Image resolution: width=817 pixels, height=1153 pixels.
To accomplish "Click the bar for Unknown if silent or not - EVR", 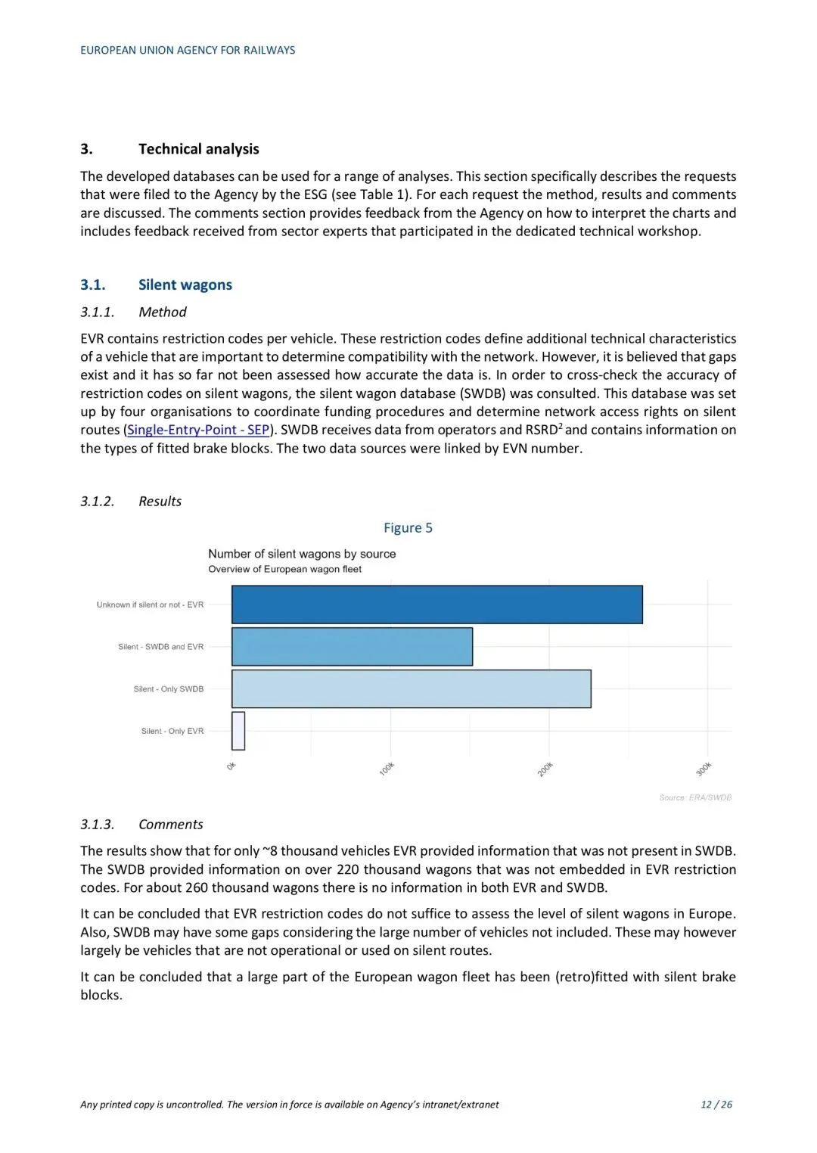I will [x=436, y=604].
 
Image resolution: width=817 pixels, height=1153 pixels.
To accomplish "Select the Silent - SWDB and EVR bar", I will [x=352, y=647].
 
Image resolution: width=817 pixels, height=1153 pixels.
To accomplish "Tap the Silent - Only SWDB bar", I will [x=411, y=688].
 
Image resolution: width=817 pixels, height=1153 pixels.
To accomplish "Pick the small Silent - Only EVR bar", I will [x=238, y=731].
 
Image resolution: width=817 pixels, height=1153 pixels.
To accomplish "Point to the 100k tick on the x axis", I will [x=387, y=769].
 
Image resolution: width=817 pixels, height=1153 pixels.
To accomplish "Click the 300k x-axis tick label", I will [x=704, y=769].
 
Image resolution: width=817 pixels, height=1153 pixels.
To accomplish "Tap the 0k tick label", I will [x=231, y=766].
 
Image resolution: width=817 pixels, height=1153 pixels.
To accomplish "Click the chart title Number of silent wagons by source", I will [x=302, y=554].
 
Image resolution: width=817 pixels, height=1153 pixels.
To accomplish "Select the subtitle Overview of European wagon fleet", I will [x=284, y=569].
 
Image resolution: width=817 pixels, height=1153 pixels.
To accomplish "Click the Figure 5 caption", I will [x=408, y=527].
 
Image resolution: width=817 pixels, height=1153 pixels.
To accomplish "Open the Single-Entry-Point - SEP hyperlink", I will [x=198, y=430].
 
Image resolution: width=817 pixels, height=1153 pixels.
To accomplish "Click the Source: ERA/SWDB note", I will [x=695, y=797].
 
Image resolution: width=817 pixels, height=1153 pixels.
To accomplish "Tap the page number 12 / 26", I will [x=716, y=1104].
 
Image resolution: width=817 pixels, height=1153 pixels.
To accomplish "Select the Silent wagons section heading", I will [x=185, y=284].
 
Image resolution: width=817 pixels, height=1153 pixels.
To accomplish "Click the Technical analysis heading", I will [x=198, y=149].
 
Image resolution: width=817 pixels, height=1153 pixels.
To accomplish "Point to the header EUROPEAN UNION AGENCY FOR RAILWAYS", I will [x=188, y=50].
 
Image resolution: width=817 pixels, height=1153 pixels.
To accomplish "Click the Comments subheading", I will [x=170, y=824].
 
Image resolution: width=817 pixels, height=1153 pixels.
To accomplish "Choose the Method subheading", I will [x=162, y=312].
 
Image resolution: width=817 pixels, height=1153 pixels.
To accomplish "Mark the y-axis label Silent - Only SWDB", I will [x=168, y=689].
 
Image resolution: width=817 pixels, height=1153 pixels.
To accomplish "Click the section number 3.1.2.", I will [x=98, y=501].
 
